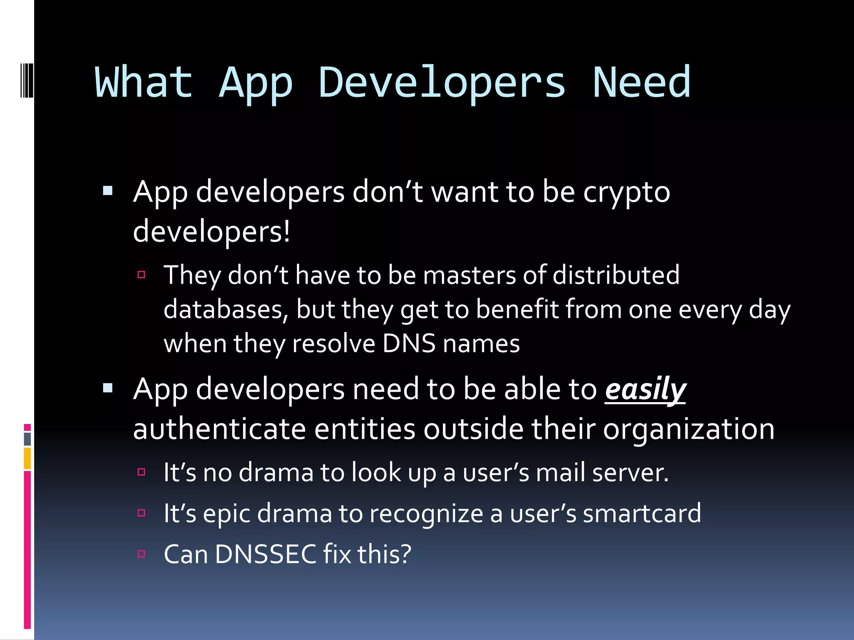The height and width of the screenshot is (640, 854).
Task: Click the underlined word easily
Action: [645, 390]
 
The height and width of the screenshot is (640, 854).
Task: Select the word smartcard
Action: [642, 513]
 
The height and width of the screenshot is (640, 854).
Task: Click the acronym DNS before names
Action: [409, 344]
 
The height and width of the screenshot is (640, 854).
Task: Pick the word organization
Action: [688, 429]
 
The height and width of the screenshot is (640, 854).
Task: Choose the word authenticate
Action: [219, 429]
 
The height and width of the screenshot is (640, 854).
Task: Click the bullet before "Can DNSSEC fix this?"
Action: [141, 554]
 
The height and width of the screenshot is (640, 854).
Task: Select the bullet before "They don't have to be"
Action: [141, 274]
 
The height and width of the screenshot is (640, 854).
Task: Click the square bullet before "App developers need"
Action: [108, 388]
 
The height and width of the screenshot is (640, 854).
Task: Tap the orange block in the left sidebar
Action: [27, 458]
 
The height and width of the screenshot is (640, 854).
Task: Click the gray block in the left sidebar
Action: [27, 439]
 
